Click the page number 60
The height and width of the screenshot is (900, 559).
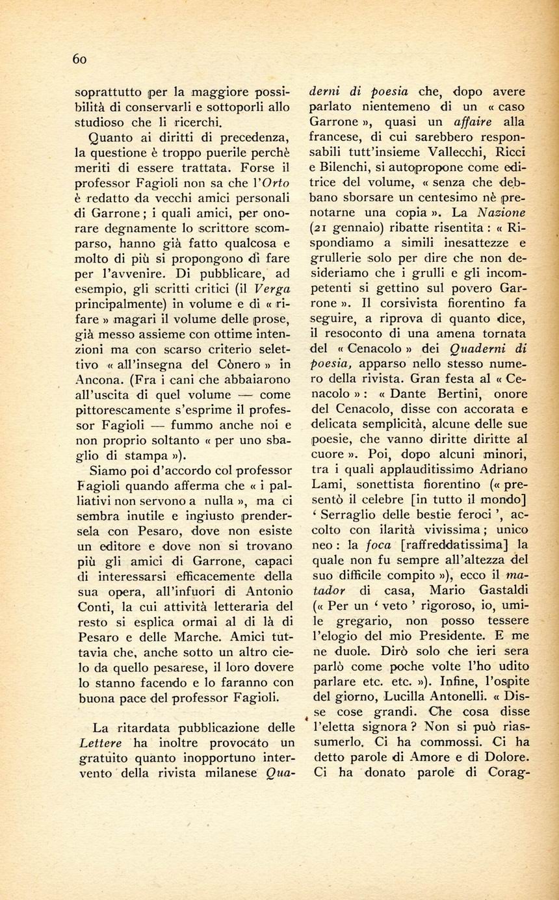79,58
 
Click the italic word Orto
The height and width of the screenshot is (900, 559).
276,181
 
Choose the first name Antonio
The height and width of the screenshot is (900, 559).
268,590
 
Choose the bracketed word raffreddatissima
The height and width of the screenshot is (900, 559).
454,544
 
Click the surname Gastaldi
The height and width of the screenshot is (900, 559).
499,589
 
